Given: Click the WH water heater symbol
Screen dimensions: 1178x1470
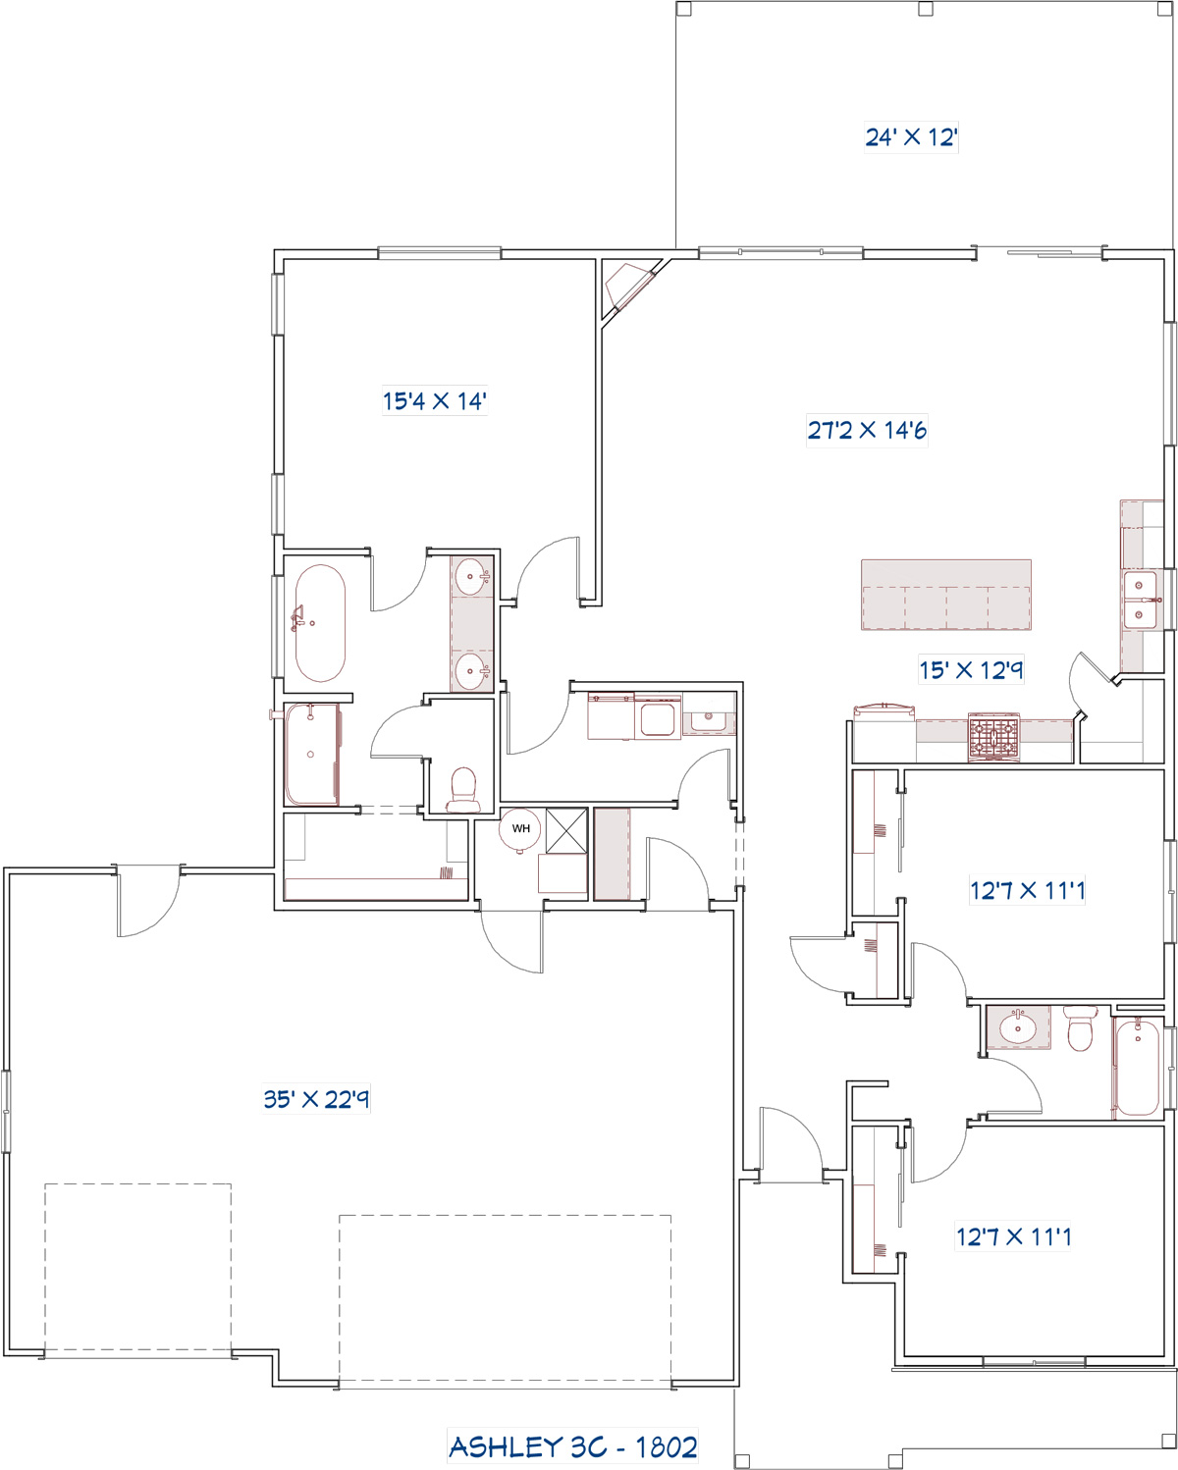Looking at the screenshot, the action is pyautogui.click(x=520, y=828).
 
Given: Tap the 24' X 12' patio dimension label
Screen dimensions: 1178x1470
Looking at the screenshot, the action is pyautogui.click(x=911, y=137).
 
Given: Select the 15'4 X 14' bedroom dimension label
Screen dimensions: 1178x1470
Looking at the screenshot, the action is pyautogui.click(x=434, y=401).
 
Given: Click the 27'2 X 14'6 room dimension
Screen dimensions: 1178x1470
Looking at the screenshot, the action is pyautogui.click(x=867, y=431).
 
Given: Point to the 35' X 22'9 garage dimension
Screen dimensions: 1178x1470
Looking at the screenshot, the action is pyautogui.click(x=316, y=1098).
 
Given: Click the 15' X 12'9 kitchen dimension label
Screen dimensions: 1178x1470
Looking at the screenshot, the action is pyautogui.click(x=971, y=670).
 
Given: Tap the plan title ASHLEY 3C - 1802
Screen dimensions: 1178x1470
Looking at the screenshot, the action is pyautogui.click(x=572, y=1446).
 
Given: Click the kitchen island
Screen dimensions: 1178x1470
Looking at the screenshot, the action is pyautogui.click(x=945, y=595).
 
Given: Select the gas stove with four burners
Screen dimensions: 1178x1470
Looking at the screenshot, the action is pyautogui.click(x=993, y=737).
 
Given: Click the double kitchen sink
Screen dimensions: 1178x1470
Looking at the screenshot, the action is pyautogui.click(x=1140, y=601).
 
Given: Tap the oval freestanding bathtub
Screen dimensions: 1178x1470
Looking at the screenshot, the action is pyautogui.click(x=320, y=623).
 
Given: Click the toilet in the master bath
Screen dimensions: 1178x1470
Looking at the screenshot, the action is pyautogui.click(x=463, y=790).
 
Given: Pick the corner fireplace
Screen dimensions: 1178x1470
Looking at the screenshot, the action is pyautogui.click(x=629, y=287).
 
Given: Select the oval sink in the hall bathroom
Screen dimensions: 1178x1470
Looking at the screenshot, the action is pyautogui.click(x=1017, y=1027).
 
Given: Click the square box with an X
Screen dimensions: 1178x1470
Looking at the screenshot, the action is pyautogui.click(x=566, y=830).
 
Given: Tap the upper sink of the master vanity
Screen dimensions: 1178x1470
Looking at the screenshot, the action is pyautogui.click(x=471, y=577).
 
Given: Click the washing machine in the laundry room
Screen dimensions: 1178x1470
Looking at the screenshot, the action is pyautogui.click(x=658, y=718).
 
